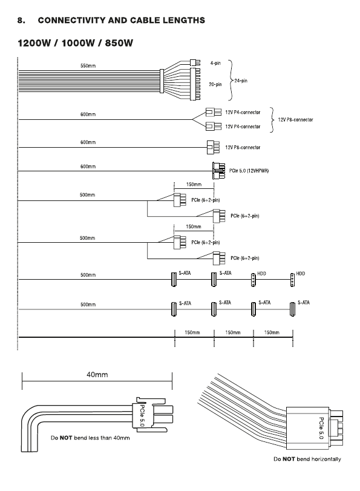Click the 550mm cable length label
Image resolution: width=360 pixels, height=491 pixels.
pyautogui.click(x=88, y=66)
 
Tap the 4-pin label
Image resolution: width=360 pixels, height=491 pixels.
pyautogui.click(x=215, y=63)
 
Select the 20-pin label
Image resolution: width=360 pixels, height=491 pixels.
pyautogui.click(x=215, y=84)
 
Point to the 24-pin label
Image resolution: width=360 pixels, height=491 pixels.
pyautogui.click(x=241, y=81)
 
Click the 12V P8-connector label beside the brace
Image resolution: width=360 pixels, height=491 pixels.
pyautogui.click(x=295, y=120)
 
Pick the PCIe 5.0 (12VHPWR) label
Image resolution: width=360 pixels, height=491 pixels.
pyautogui.click(x=249, y=171)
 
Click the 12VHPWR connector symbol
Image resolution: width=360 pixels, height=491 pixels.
pyautogui.click(x=219, y=170)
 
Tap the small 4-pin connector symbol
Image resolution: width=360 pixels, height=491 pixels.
pyautogui.click(x=195, y=62)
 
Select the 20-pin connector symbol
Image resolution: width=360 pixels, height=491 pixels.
pyautogui.click(x=195, y=84)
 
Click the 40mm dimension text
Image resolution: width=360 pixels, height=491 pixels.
pyautogui.click(x=97, y=375)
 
